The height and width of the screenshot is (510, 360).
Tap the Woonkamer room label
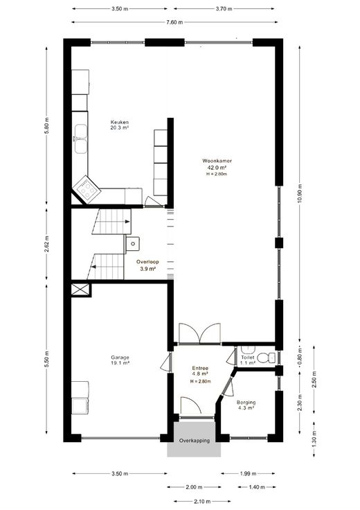(217, 161)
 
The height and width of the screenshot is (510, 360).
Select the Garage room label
(120, 357)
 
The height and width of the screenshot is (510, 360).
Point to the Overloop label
(147, 261)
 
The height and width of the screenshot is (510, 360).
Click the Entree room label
(200, 368)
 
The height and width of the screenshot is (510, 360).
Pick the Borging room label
(246, 403)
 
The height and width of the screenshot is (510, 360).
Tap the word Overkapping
(195, 441)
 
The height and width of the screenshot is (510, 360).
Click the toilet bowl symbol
(268, 358)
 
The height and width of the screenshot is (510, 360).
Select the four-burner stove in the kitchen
(87, 190)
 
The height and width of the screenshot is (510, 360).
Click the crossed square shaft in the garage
(80, 290)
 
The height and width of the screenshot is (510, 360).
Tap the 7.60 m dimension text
(174, 22)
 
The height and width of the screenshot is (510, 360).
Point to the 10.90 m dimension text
(299, 193)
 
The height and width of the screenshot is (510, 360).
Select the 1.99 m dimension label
(249, 473)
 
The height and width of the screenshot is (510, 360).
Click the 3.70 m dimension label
(224, 9)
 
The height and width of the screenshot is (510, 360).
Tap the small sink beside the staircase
(133, 243)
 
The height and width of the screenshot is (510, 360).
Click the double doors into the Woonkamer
(199, 333)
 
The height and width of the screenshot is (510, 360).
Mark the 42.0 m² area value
(217, 168)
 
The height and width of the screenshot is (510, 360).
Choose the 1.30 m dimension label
(314, 438)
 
